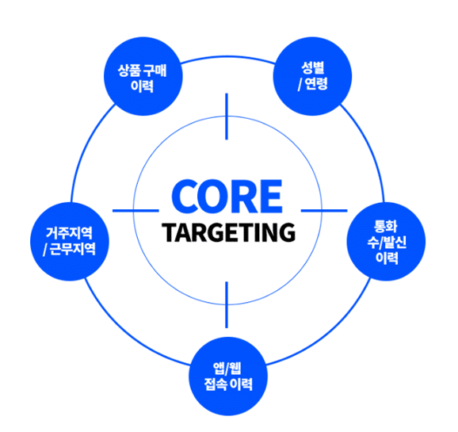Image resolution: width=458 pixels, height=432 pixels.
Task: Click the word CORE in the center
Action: tap(227, 197)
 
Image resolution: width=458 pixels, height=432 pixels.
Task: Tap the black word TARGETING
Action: tap(229, 232)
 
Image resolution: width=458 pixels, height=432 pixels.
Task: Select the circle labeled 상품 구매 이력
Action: tap(143, 76)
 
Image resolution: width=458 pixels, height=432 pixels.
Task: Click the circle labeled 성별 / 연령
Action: tap(312, 76)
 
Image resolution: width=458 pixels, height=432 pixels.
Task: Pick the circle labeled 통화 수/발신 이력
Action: tap(386, 242)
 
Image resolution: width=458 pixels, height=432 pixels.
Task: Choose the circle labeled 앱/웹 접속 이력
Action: tap(228, 377)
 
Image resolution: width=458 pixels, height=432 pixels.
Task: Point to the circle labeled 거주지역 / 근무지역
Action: tap(70, 242)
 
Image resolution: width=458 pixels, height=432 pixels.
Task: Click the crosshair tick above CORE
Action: tap(227, 117)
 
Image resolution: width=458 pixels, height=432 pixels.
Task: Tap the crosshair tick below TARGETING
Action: tap(227, 304)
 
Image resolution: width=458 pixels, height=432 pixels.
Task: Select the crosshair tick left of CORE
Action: tap(135, 210)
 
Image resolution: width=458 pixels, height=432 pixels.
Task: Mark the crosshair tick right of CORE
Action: tap(324, 210)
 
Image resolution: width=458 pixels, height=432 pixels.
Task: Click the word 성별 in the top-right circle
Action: tap(312, 68)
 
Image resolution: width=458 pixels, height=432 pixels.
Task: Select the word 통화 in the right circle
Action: tap(386, 226)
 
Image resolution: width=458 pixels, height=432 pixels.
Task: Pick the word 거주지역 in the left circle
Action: tap(69, 233)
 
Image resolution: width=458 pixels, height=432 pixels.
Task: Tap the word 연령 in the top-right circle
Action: tap(316, 84)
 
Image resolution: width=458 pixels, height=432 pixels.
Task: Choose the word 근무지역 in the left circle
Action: tap(73, 249)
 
